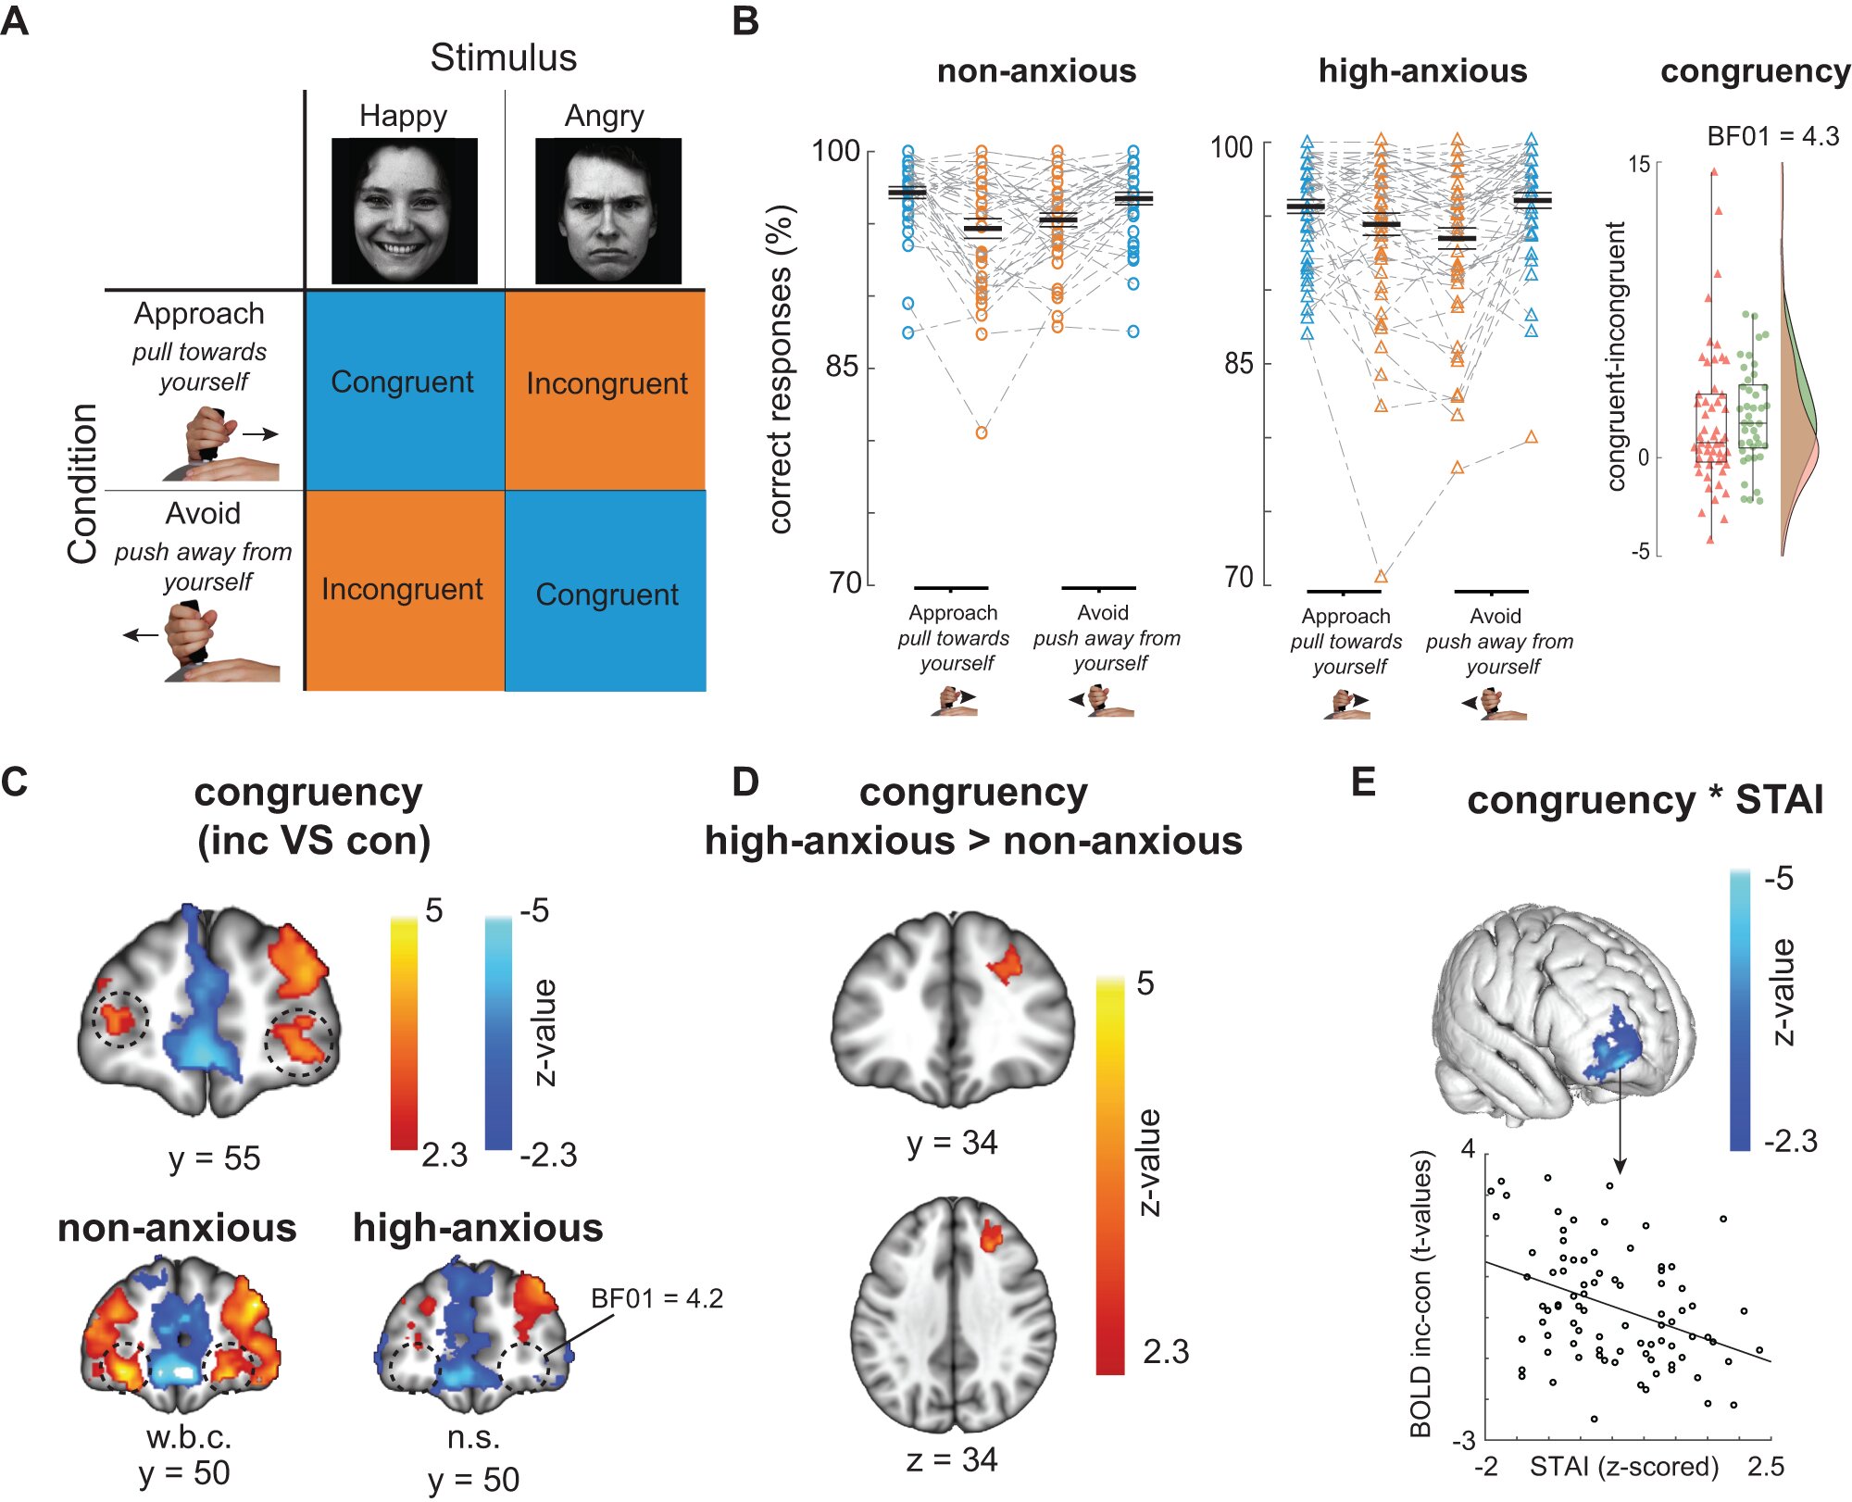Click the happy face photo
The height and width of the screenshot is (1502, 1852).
pyautogui.click(x=404, y=211)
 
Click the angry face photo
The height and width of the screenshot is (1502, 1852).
pyautogui.click(x=607, y=211)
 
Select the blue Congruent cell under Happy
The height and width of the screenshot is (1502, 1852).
pyautogui.click(x=404, y=390)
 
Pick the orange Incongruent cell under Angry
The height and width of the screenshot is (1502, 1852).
pyautogui.click(x=606, y=390)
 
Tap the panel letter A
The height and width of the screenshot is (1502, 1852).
pyautogui.click(x=15, y=20)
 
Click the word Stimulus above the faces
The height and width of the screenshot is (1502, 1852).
pyautogui.click(x=503, y=58)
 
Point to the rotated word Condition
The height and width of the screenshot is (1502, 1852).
pyautogui.click(x=82, y=483)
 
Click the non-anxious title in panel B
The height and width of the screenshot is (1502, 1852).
pyautogui.click(x=1036, y=71)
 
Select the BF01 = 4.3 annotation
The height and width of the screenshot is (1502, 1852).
pyautogui.click(x=1772, y=136)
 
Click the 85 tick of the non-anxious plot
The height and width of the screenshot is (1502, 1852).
pyautogui.click(x=842, y=367)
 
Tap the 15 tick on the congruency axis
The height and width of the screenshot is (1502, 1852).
pyautogui.click(x=1639, y=165)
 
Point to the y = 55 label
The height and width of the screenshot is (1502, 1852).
pyautogui.click(x=214, y=1158)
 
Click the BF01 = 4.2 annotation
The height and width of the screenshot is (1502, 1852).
pyautogui.click(x=657, y=1298)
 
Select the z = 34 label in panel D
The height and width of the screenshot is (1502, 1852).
pyautogui.click(x=951, y=1459)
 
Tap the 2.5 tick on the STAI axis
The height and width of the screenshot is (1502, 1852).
pyautogui.click(x=1765, y=1467)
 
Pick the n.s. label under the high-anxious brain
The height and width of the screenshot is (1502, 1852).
pyautogui.click(x=473, y=1437)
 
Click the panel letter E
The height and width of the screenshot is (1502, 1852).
pyautogui.click(x=1363, y=782)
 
